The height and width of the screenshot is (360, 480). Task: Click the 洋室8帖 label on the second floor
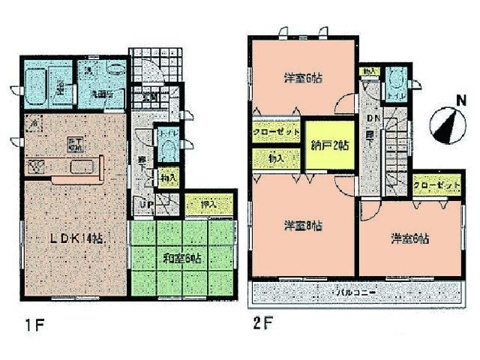point(304,224)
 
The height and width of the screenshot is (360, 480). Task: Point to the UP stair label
point(145,203)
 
